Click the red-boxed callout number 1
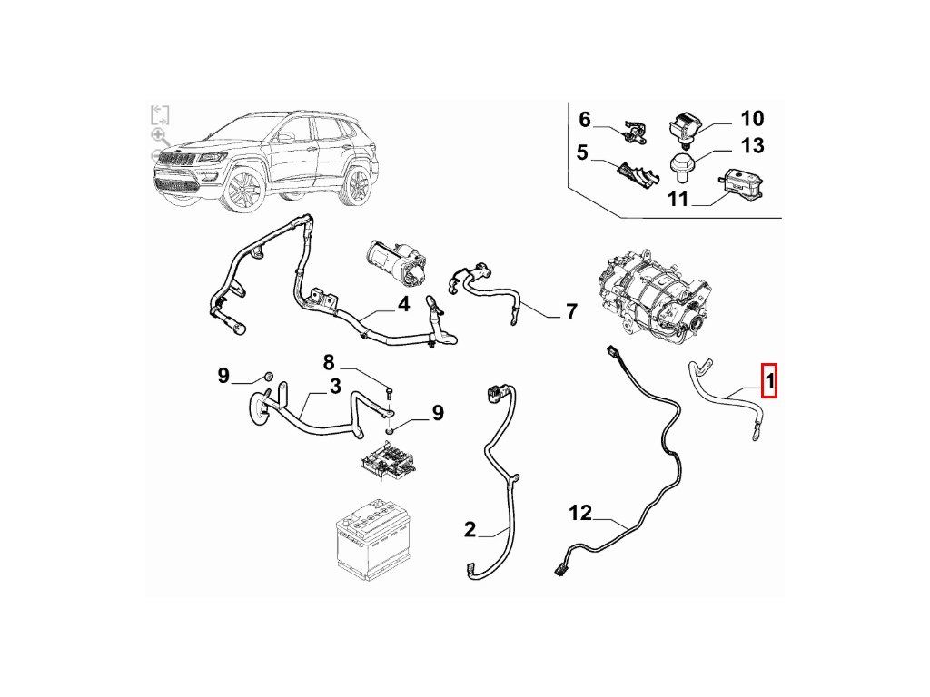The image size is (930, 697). (x=768, y=381)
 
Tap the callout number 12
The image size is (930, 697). (x=580, y=514)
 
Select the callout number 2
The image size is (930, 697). (x=470, y=529)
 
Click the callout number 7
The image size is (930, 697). (x=571, y=312)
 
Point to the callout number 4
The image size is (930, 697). (x=403, y=305)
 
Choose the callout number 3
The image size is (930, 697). (x=335, y=388)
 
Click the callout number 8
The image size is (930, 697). (x=330, y=363)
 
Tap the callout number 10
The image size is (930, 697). (x=752, y=118)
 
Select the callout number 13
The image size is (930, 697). (x=752, y=145)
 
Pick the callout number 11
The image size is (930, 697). (x=678, y=198)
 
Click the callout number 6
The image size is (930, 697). (x=585, y=119)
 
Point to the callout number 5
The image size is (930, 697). (x=582, y=153)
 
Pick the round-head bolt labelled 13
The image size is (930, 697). (x=682, y=166)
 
